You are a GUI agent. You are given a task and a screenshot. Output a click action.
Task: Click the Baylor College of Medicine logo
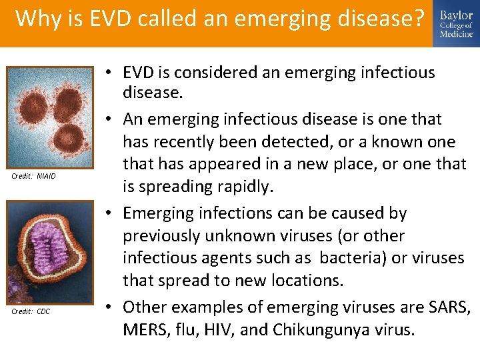tap(455, 24)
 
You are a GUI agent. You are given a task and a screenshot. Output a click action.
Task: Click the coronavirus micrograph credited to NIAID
tap(51, 116)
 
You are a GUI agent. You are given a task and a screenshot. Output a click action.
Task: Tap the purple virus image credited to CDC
tap(51, 252)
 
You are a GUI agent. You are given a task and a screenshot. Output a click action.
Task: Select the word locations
tap(303, 280)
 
